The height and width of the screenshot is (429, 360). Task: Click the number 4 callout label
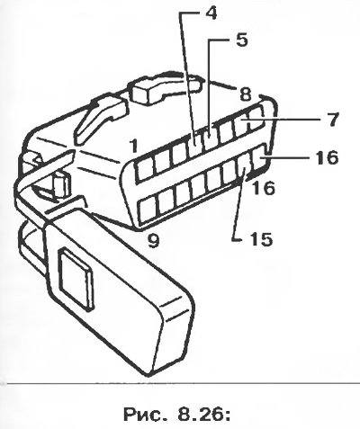(x=211, y=13)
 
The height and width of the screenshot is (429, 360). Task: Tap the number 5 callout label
(x=241, y=40)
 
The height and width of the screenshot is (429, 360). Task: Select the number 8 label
(x=245, y=94)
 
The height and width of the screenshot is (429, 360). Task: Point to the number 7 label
(x=332, y=120)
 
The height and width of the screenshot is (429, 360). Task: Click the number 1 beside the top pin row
(x=134, y=146)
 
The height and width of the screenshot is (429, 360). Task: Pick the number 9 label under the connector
(x=153, y=240)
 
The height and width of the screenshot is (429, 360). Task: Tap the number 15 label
(x=262, y=239)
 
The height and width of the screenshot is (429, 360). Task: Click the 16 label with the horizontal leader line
(x=328, y=157)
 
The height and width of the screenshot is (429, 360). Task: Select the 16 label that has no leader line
(x=264, y=188)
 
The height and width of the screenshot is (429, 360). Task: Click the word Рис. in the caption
(x=143, y=415)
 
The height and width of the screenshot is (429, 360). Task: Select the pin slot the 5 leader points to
(x=211, y=138)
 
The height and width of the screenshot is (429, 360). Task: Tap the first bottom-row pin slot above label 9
(x=148, y=211)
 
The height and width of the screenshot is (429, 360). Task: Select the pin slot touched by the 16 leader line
(x=260, y=156)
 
